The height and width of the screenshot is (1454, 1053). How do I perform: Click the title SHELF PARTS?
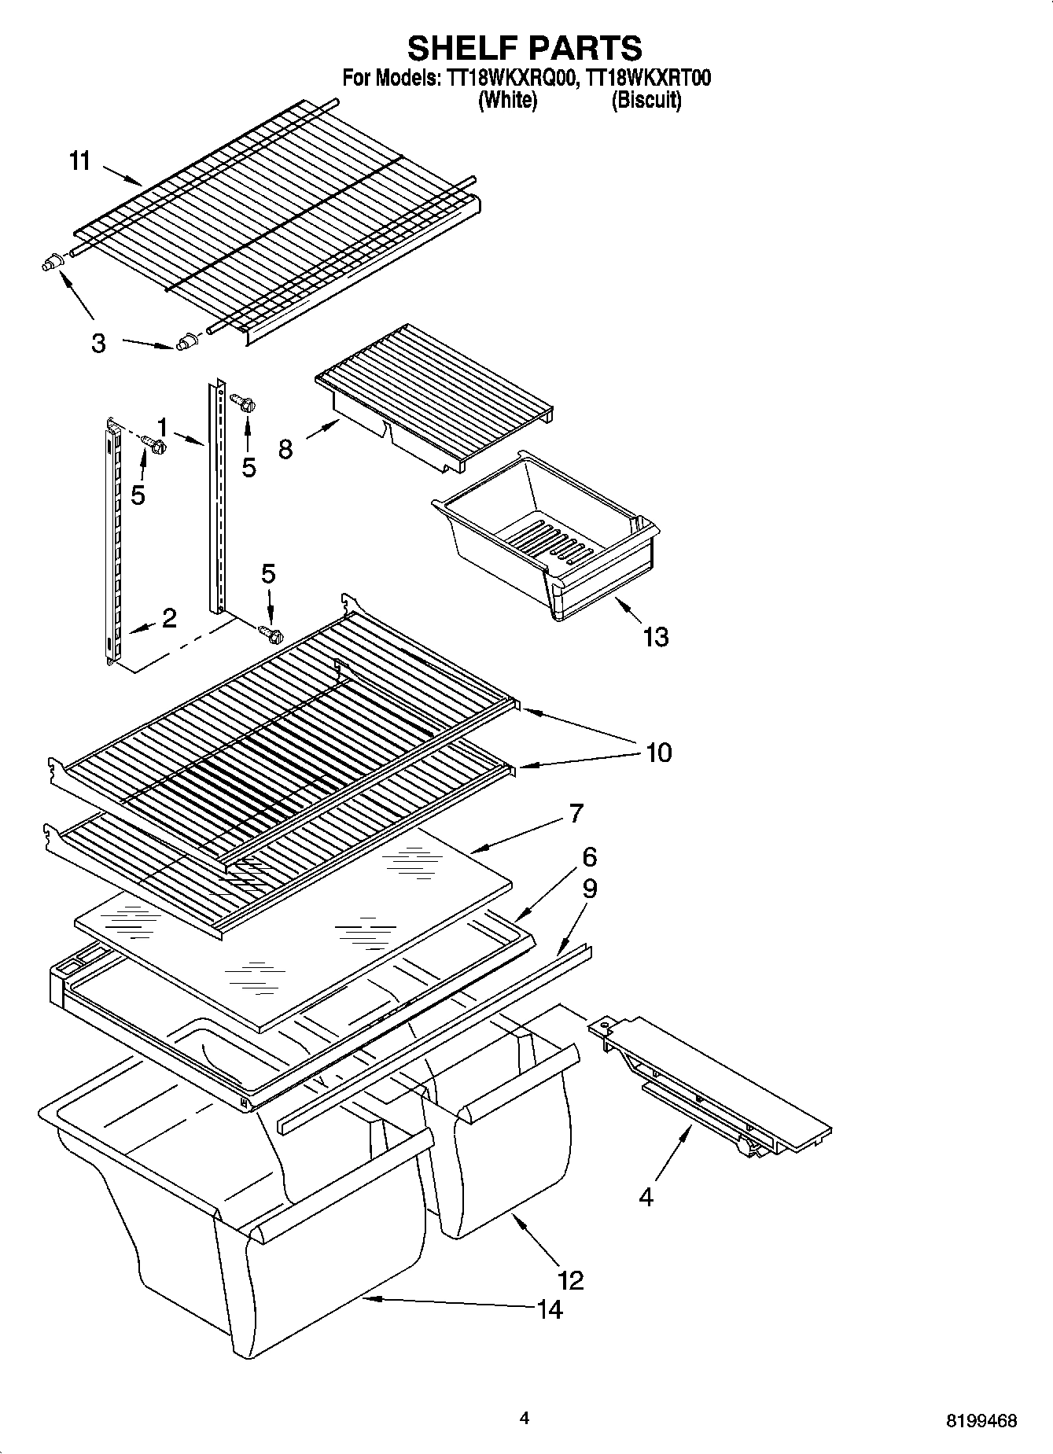point(525,49)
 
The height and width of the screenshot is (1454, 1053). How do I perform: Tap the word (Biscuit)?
point(646,100)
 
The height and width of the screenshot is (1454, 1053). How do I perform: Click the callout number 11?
point(79,161)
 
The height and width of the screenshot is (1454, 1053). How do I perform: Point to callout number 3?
point(98,344)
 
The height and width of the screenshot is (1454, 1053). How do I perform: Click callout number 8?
point(285,449)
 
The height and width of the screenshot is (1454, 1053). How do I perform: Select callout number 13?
point(655,635)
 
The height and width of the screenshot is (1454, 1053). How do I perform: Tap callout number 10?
point(658,753)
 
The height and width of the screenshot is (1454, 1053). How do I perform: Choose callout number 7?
point(576,813)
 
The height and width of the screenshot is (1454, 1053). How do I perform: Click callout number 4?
point(646,1197)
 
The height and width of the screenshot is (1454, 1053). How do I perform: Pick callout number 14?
point(550,1309)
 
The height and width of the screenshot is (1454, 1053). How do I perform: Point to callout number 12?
point(570,1280)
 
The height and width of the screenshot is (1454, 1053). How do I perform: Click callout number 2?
point(169,618)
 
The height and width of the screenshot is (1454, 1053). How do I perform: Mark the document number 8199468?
point(981,1421)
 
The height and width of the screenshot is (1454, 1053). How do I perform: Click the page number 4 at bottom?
point(525,1418)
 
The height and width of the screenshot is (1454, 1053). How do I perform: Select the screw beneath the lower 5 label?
point(271,631)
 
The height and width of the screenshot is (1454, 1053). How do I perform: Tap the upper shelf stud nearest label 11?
point(51,263)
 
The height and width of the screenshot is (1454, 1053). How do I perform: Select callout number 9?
point(589,889)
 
